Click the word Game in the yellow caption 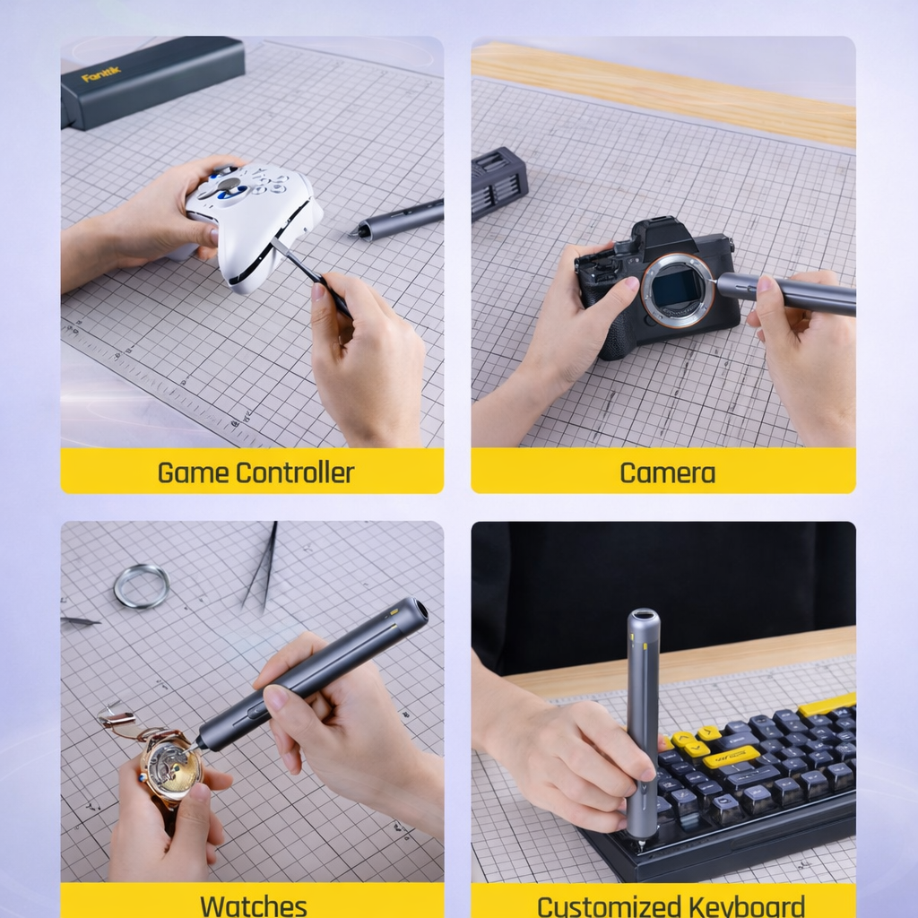[190, 472]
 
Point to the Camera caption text [667, 472]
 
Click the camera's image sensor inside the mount [677, 289]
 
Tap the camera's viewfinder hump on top [664, 235]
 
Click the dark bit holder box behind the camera [498, 182]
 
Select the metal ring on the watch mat [142, 586]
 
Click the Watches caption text [254, 904]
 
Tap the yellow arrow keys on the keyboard [691, 742]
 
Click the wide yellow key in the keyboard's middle [731, 758]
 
